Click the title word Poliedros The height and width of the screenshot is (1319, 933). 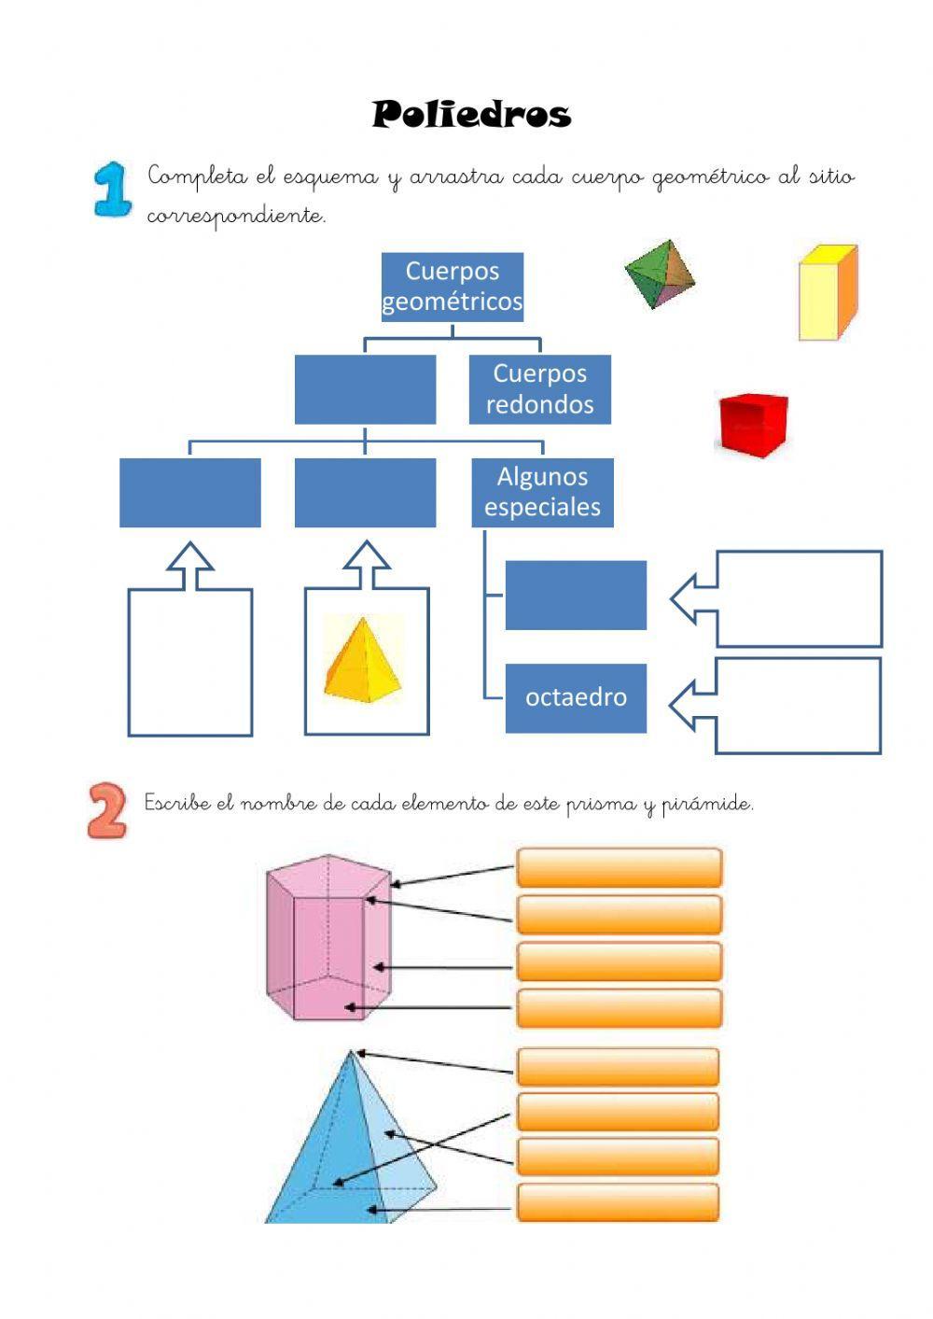click(471, 115)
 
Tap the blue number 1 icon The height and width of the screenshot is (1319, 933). click(113, 189)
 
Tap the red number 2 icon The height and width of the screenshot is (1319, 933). click(107, 809)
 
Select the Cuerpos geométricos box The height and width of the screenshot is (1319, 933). click(453, 287)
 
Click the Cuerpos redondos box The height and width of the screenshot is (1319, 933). click(539, 389)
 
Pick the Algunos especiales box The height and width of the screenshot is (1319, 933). click(542, 492)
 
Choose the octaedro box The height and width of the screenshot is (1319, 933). click(576, 697)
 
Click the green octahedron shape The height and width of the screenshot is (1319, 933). click(661, 274)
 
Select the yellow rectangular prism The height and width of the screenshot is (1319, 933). click(828, 292)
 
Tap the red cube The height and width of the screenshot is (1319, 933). click(753, 425)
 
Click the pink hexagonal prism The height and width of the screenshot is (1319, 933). click(327, 936)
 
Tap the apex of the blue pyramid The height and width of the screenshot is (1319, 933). click(352, 1052)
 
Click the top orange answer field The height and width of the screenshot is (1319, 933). click(619, 867)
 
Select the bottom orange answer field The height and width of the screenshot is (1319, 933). click(618, 1202)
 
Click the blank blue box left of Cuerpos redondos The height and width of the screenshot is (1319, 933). click(365, 389)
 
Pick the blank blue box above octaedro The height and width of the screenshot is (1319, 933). click(576, 595)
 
